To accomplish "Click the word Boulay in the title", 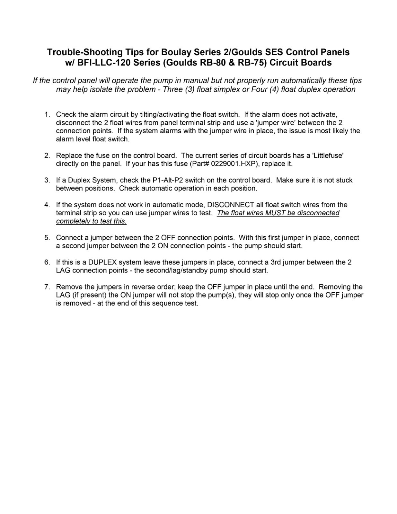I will coord(176,52).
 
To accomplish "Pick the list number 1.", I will coord(47,115).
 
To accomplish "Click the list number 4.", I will coord(47,205).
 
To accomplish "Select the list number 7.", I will coord(47,287).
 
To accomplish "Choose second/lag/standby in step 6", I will coord(177,270).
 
